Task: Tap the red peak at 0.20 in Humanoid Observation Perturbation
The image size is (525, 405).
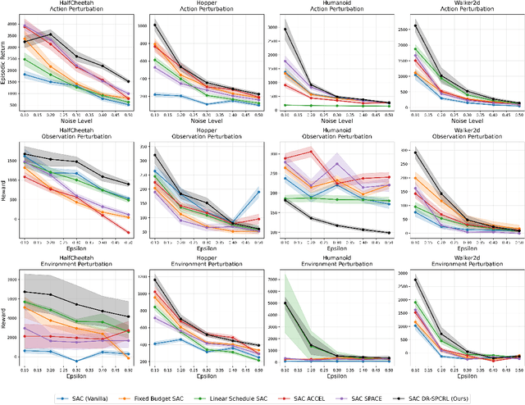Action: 312,151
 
